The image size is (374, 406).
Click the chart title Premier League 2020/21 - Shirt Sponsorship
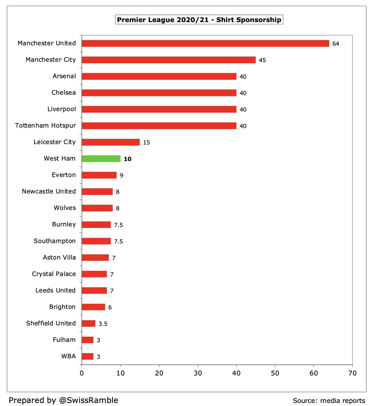click(x=199, y=20)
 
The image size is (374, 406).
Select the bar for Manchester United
click(x=205, y=43)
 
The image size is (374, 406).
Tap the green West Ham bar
click(x=101, y=159)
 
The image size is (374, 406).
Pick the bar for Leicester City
click(x=111, y=142)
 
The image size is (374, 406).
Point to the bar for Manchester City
click(x=169, y=60)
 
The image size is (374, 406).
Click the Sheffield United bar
click(x=89, y=323)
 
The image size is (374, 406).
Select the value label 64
click(x=335, y=44)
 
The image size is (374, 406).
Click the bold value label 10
click(x=127, y=159)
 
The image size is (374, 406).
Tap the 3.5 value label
click(x=103, y=324)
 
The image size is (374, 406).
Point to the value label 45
click(x=262, y=60)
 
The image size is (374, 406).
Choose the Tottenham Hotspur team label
click(x=45, y=126)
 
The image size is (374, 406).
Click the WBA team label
click(x=68, y=356)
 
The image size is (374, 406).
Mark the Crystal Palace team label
click(x=54, y=274)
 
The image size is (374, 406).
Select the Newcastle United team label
click(x=49, y=191)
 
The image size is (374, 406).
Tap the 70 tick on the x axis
click(x=352, y=373)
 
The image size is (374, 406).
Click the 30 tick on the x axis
click(x=198, y=373)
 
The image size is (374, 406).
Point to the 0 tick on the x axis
click(x=82, y=373)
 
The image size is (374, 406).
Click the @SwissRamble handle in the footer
click(x=89, y=400)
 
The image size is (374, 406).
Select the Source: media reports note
click(x=329, y=401)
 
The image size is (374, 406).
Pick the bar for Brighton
click(x=93, y=307)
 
